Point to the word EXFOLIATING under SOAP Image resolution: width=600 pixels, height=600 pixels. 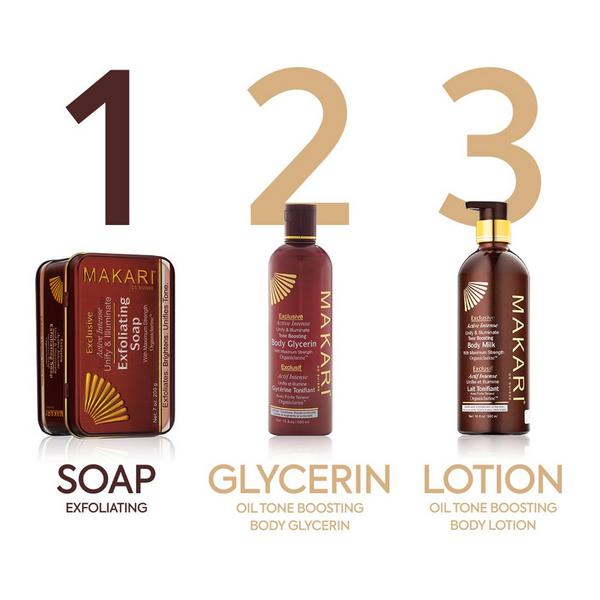105,508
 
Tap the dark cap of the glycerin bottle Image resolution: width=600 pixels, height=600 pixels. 300,220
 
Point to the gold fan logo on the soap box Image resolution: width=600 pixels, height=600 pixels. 104,398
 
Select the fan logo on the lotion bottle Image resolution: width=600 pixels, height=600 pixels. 476,293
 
